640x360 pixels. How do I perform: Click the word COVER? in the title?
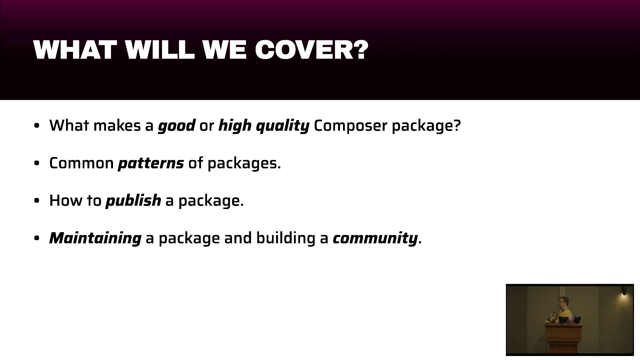[312, 50]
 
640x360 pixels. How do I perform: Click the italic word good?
[176, 126]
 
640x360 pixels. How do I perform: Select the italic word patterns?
[151, 163]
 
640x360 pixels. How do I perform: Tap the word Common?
[82, 163]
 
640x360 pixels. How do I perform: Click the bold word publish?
[133, 201]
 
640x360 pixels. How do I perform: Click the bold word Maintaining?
[95, 238]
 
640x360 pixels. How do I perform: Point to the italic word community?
[375, 238]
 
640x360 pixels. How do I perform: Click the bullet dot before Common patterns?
[37, 163]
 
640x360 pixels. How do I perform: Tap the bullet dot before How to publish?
[37, 201]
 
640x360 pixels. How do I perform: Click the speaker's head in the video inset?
[561, 303]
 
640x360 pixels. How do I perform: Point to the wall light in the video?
[624, 291]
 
